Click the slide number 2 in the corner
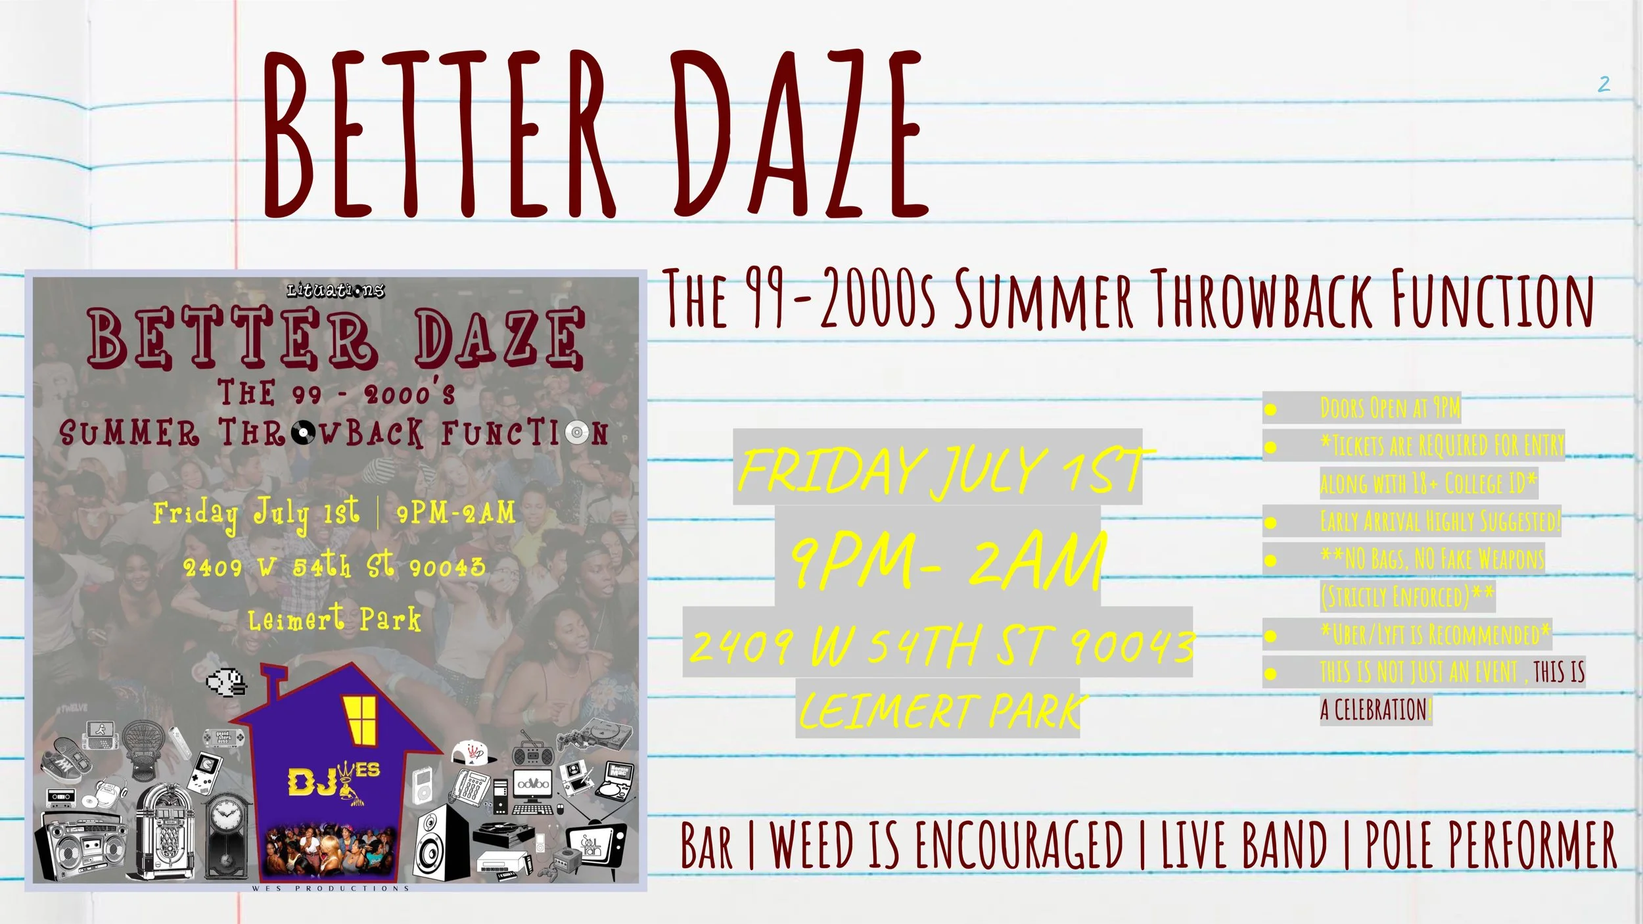tap(1604, 84)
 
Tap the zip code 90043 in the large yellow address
tap(1130, 645)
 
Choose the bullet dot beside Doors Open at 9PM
tap(1270, 409)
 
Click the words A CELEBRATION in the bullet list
tap(1375, 710)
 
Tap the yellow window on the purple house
tap(360, 720)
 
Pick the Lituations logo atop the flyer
tap(335, 290)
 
